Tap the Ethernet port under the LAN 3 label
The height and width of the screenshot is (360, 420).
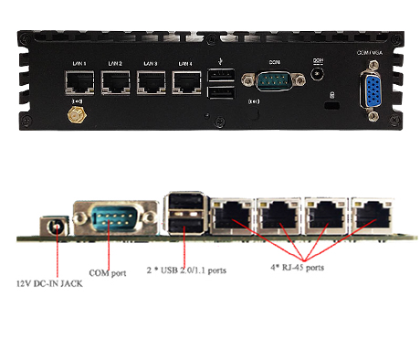click(x=151, y=85)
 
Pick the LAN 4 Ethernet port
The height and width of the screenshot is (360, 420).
click(x=187, y=85)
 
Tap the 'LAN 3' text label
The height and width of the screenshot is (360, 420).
click(x=150, y=63)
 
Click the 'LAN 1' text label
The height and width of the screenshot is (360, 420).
click(x=79, y=63)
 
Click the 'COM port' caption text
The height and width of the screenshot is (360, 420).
click(x=107, y=271)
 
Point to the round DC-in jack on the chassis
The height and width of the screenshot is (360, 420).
click(x=317, y=73)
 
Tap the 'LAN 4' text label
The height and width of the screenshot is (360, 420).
click(x=185, y=63)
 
